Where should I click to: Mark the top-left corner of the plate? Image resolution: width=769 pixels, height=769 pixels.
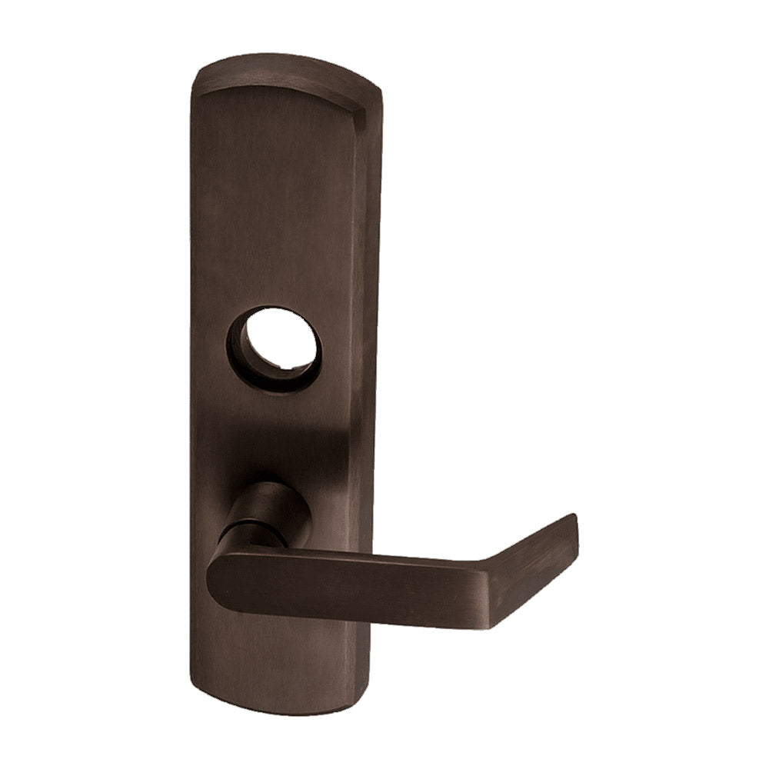pyautogui.click(x=196, y=77)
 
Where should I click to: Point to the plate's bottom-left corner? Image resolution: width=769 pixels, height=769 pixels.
pyautogui.click(x=192, y=684)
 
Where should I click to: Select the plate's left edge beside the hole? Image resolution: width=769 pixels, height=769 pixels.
pyautogui.click(x=192, y=346)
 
